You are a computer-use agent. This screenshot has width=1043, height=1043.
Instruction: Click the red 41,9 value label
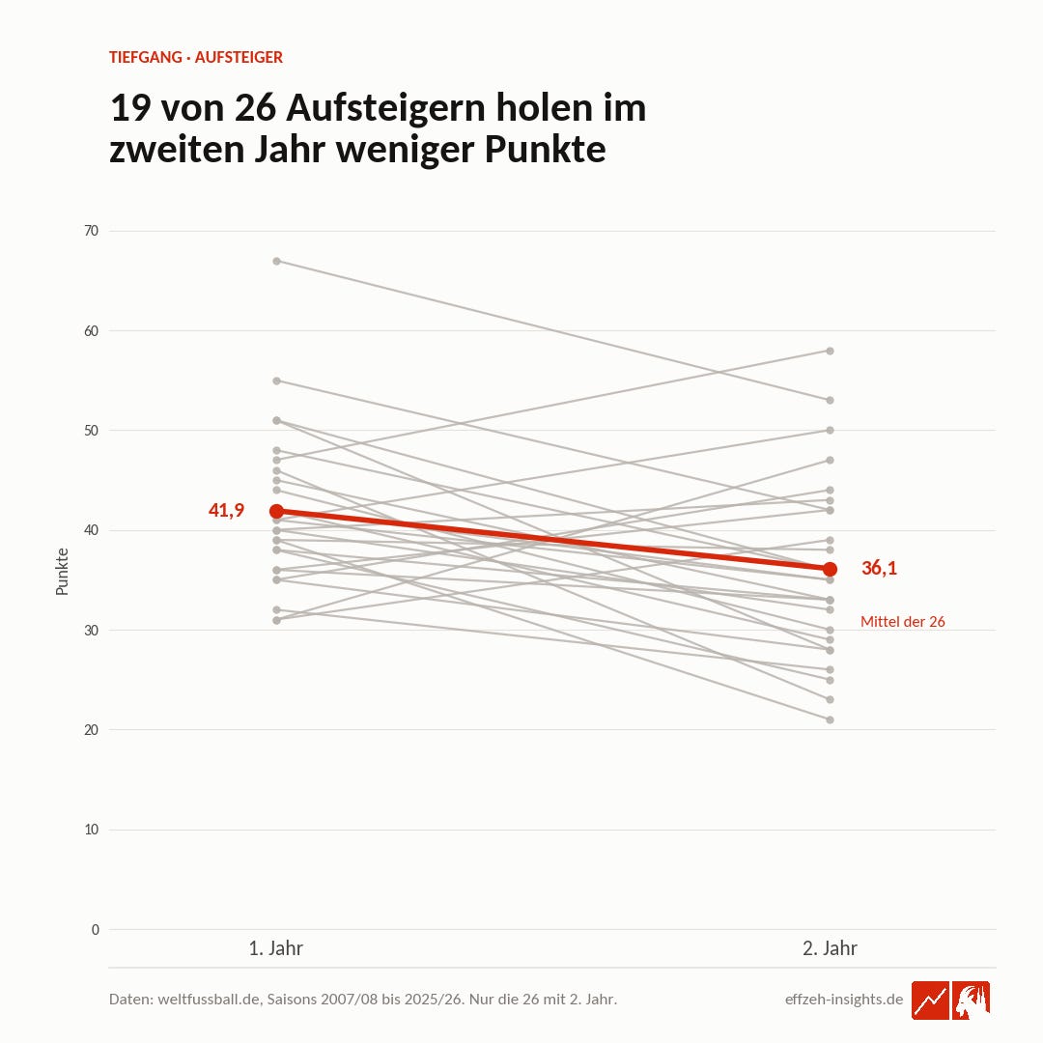[x=226, y=510]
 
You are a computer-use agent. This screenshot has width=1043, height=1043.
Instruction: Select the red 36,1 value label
[x=879, y=568]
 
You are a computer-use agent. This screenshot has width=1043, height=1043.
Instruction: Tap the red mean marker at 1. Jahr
[x=277, y=511]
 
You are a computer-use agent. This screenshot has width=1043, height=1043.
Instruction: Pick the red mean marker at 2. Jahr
[x=831, y=570]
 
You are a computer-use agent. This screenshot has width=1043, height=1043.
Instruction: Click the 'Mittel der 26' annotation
[x=903, y=621]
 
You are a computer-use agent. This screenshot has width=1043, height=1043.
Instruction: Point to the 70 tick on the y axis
[x=91, y=231]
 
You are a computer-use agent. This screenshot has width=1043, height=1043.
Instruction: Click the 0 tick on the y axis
[x=95, y=929]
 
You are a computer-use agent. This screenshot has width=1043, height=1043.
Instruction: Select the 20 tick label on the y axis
[x=91, y=730]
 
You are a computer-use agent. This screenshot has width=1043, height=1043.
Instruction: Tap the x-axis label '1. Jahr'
[x=276, y=948]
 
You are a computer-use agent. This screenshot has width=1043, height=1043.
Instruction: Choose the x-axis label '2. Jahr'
[x=831, y=948]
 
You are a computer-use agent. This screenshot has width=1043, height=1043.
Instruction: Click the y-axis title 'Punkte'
[x=62, y=572]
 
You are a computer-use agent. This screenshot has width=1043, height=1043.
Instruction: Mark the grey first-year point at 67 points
[x=277, y=262]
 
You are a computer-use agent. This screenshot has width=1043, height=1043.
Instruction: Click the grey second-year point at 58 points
[x=831, y=351]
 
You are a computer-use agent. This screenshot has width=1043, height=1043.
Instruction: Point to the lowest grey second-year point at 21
[x=831, y=719]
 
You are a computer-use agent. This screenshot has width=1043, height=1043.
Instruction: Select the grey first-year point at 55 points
[x=277, y=381]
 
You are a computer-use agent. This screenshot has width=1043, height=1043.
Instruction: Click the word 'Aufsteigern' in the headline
[x=385, y=108]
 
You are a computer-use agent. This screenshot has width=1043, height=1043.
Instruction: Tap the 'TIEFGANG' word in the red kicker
[x=146, y=57]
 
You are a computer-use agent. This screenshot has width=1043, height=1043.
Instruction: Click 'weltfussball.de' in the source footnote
[x=209, y=1000]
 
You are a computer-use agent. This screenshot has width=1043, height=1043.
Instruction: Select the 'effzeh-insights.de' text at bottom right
[x=844, y=1000]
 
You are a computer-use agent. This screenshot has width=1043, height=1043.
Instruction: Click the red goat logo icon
[x=972, y=1000]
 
